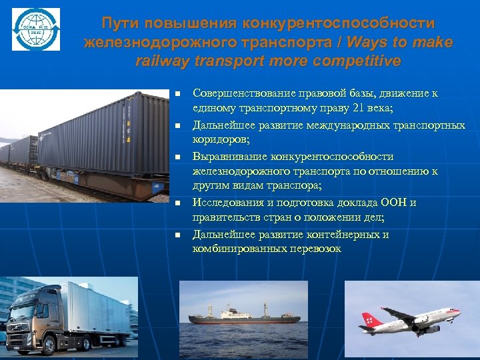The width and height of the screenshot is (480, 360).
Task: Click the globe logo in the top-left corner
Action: coord(35,30)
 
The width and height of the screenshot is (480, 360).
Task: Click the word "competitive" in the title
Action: coord(360,61)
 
